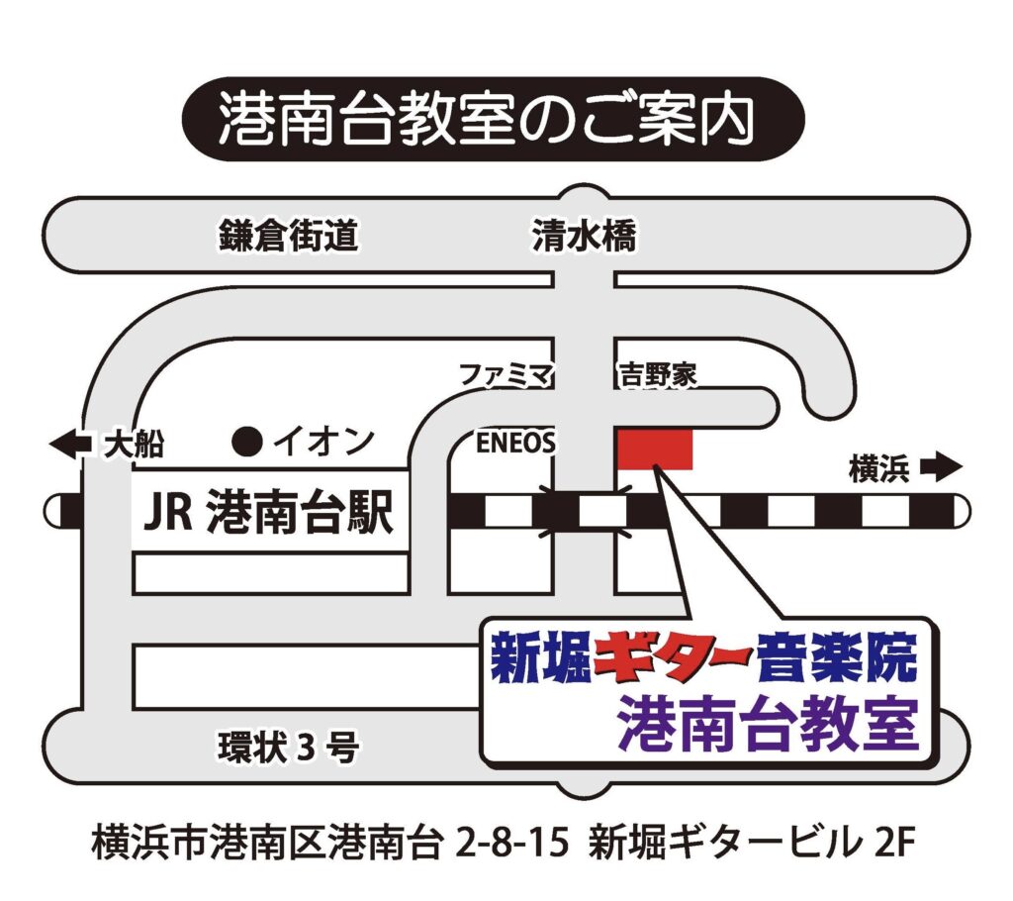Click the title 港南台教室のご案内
[x=487, y=120]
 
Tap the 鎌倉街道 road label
[x=288, y=238]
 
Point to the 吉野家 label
[x=658, y=375]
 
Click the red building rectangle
[x=655, y=450]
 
